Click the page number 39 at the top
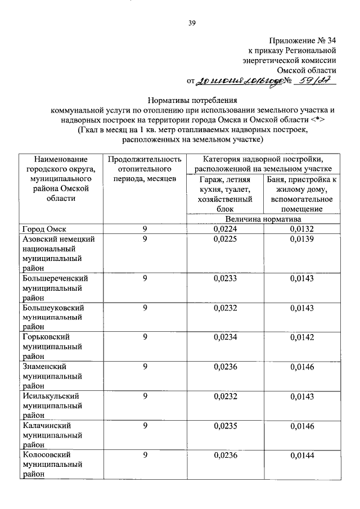[191, 23]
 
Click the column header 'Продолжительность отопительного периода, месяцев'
[145, 169]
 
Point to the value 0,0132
[303, 229]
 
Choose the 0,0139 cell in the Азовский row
[303, 239]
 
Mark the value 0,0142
[303, 336]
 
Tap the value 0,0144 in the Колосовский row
[303, 454]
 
